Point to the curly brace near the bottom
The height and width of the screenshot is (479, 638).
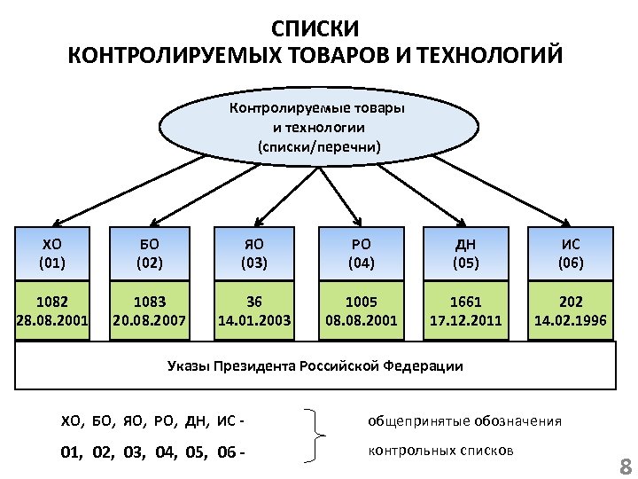click(x=319, y=436)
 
